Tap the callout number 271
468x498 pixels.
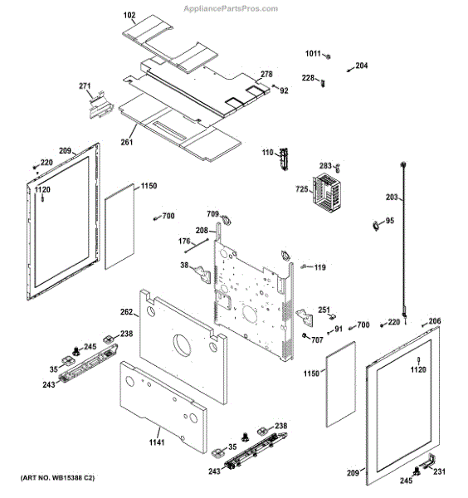[x=85, y=85]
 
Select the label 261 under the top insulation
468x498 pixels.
[x=127, y=142]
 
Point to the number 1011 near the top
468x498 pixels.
[x=311, y=54]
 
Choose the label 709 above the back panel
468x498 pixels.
[x=212, y=214]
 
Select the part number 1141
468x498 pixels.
[x=157, y=442]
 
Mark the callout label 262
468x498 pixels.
[x=126, y=312]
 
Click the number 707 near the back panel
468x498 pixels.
[x=317, y=339]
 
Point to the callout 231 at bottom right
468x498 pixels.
[x=439, y=472]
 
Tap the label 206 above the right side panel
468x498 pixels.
[x=435, y=321]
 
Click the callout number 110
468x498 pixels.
[x=267, y=153]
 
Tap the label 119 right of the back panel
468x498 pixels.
[x=319, y=267]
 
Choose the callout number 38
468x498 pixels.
[x=184, y=266]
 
